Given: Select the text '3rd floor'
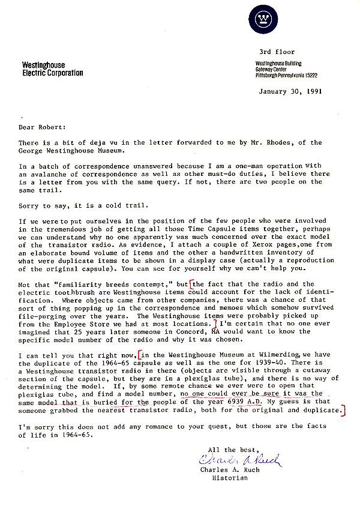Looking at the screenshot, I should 274,52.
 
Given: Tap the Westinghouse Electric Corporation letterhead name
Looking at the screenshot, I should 52,69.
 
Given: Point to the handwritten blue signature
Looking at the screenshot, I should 240,460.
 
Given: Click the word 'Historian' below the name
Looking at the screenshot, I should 230,478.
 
